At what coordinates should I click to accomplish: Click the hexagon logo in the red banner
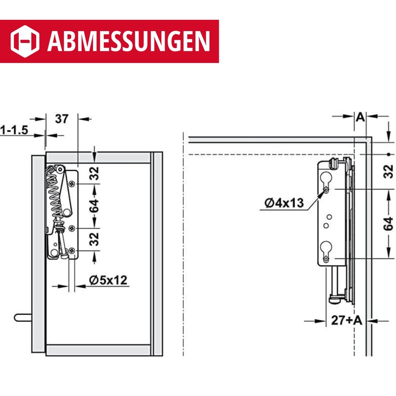[x=25, y=41]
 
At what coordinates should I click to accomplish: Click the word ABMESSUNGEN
[x=129, y=41]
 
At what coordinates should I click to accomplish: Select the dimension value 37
[x=61, y=119]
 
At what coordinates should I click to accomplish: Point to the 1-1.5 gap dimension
[x=14, y=131]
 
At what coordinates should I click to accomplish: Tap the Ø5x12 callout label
[x=108, y=280]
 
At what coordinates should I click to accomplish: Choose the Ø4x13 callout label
[x=284, y=203]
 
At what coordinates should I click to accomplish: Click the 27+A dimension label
[x=346, y=320]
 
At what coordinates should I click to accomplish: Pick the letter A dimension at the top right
[x=360, y=117]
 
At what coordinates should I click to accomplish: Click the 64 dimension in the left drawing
[x=94, y=206]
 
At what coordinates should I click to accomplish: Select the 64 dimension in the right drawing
[x=388, y=224]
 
